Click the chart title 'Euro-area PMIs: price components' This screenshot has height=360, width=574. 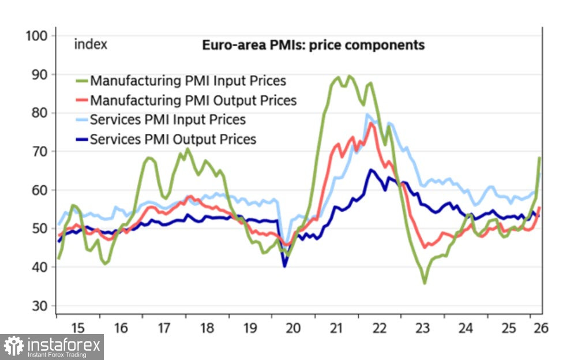coord(313,45)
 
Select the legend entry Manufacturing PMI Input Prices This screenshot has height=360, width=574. coord(188,81)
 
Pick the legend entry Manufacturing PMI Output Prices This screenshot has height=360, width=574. coord(193,100)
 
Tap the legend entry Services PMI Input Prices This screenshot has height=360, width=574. coord(168,119)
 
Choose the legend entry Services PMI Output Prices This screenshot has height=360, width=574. coord(173,139)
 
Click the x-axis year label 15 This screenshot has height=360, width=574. coord(78,328)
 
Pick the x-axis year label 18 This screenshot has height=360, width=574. coord(207,328)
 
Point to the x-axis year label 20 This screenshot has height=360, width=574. coord(293,328)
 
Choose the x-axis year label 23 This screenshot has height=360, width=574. coord(422,328)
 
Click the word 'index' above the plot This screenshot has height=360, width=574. coord(91,45)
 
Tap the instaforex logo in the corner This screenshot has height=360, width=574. coord(52,347)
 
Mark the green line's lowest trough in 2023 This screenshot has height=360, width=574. coord(425,283)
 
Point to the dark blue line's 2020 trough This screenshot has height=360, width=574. coord(284,265)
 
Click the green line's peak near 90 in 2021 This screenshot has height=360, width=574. coord(348,76)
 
